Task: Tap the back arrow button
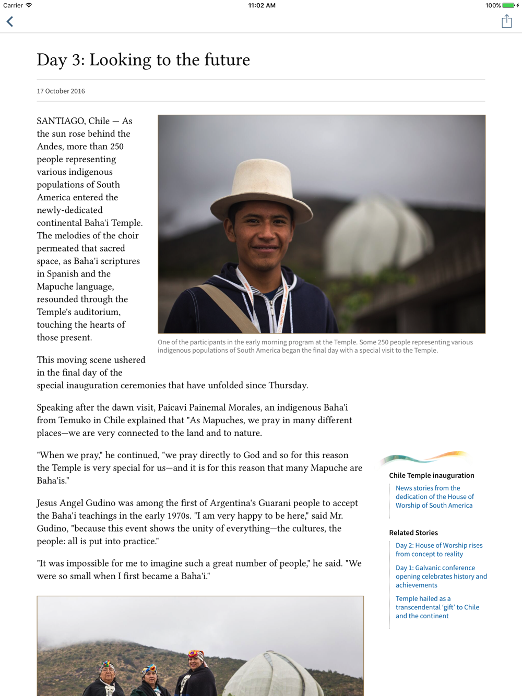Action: pos(10,21)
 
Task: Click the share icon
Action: pos(506,21)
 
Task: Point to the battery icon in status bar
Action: pos(508,5)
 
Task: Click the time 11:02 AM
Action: pos(262,5)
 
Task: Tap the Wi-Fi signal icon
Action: pos(29,5)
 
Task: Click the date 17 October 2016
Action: pos(61,91)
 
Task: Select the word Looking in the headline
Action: pos(121,60)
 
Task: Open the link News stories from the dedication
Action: pos(434,497)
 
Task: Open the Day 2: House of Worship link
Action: pos(438,550)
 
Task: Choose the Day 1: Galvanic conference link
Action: pos(441,576)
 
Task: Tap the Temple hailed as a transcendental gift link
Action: pos(437,607)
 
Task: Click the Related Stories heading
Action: pos(413,533)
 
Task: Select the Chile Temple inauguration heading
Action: pos(432,475)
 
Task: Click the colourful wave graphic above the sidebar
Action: pos(424,458)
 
